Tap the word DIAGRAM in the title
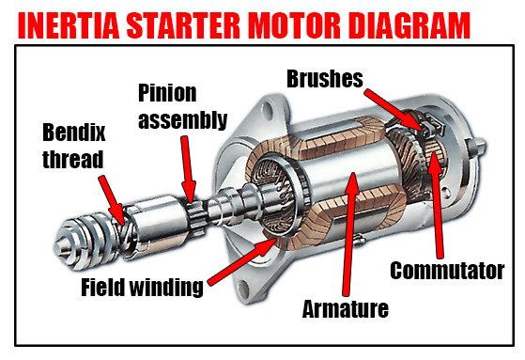pos(409,25)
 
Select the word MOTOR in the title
pos(295,25)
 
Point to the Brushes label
pos(325,79)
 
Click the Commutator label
pos(447,271)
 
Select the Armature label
pos(346,309)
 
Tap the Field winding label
pos(142,288)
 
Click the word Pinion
pos(167,93)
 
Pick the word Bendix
pos(73,133)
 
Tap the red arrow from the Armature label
pos(349,234)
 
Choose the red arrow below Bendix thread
pos(113,200)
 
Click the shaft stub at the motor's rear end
pos(477,148)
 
